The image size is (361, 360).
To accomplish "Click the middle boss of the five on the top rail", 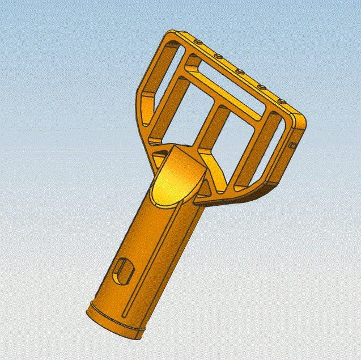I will (x=239, y=71).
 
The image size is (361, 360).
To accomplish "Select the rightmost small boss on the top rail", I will (x=281, y=101).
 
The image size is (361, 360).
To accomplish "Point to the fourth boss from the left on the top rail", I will (x=261, y=87).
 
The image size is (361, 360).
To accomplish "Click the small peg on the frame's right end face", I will (x=292, y=146).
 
